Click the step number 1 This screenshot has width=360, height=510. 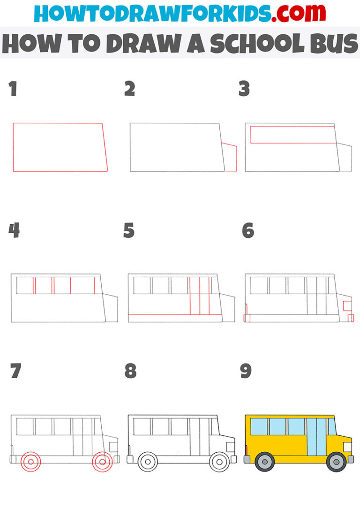13,89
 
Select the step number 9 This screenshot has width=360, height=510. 246,371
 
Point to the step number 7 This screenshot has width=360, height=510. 15,371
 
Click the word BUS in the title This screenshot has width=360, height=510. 334,44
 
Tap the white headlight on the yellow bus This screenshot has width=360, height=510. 347,447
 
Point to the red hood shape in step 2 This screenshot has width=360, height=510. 230,158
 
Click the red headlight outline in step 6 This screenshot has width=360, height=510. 347,306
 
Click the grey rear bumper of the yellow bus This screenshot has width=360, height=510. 247,459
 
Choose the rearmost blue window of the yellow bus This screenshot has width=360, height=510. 259,426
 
